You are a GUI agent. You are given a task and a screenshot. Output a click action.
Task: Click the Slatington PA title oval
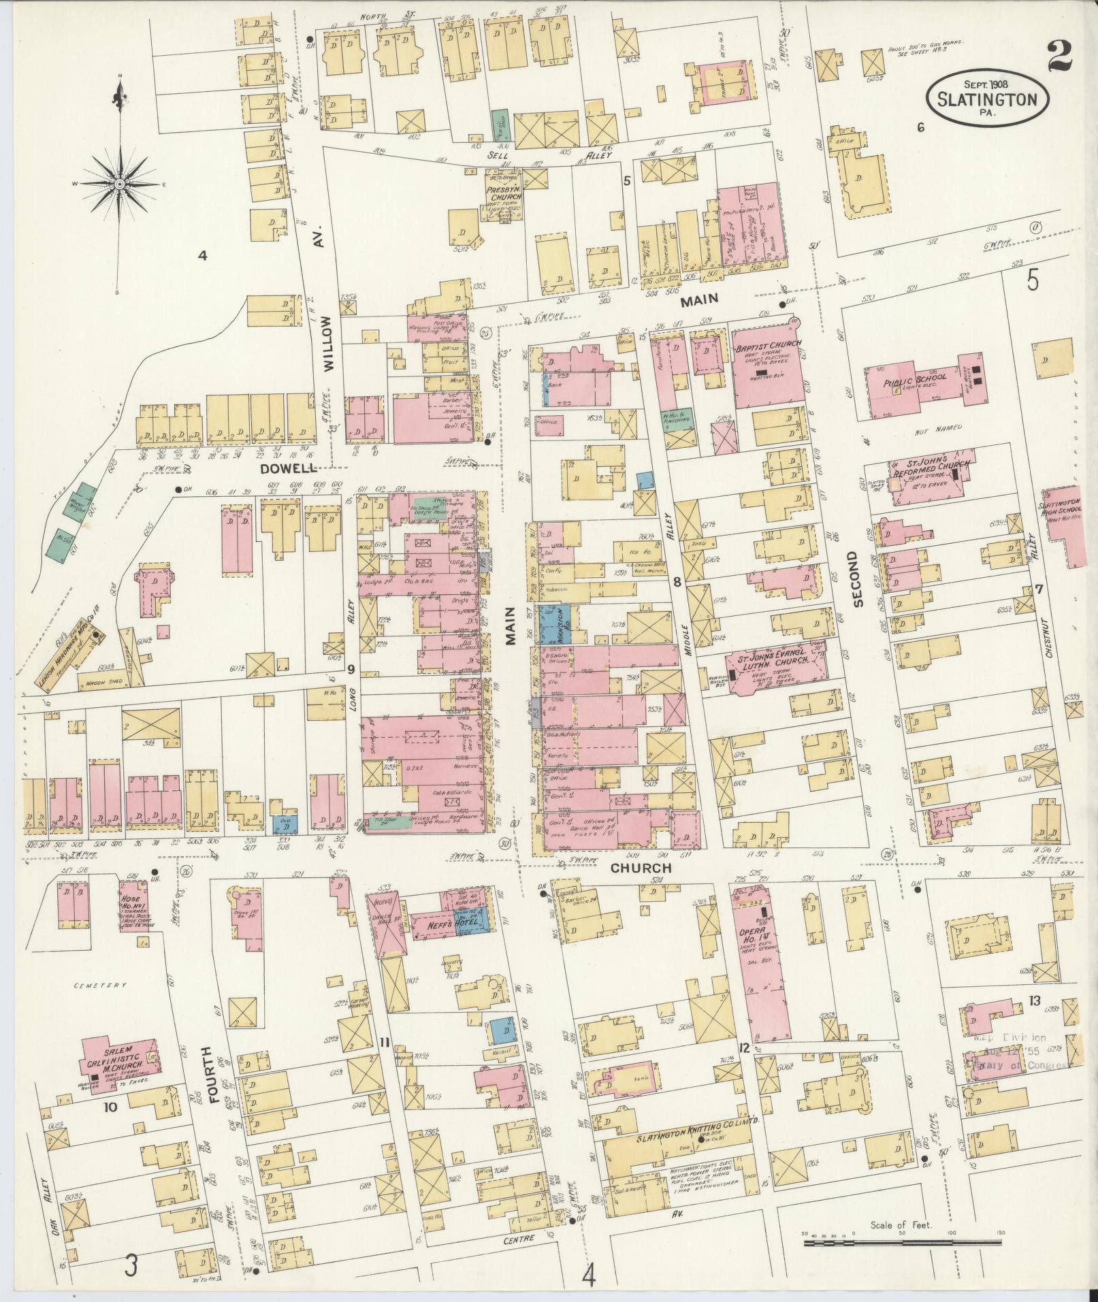coord(986,99)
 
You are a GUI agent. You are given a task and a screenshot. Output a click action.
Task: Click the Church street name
coord(640,868)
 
